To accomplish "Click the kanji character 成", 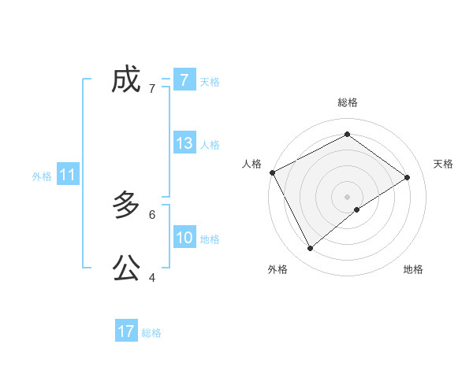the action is click(x=126, y=80).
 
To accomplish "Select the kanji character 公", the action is click(x=126, y=268).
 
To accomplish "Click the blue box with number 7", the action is click(x=184, y=80).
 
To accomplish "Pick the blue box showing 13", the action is click(x=184, y=143).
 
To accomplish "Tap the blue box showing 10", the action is click(x=184, y=238).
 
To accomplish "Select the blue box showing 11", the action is click(x=68, y=175).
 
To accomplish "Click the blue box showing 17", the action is click(x=126, y=331).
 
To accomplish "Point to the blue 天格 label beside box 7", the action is click(x=210, y=81).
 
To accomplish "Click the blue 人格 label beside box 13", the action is click(x=210, y=145).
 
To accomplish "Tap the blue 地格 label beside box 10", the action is click(x=210, y=239).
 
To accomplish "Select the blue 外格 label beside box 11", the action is click(x=42, y=176).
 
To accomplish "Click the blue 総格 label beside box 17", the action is click(x=151, y=333).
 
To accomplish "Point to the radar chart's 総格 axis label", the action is click(x=347, y=102).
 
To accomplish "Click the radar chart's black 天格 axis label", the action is click(x=444, y=164).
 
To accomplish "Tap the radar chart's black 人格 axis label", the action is click(x=251, y=164).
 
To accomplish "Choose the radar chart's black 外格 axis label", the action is click(x=277, y=269).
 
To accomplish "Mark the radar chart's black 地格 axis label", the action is click(x=413, y=269).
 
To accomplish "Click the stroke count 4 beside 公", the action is click(x=152, y=277).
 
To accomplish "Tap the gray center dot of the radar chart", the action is click(x=347, y=196).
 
